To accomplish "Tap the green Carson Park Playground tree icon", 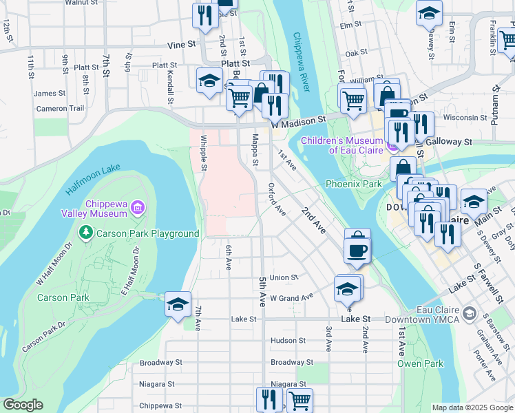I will tap(85, 233).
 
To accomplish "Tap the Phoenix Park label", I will tap(353, 184).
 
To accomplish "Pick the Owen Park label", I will tap(419, 363).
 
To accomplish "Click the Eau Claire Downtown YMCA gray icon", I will tap(470, 315).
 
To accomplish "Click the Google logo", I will tap(23, 405).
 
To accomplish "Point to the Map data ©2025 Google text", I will tap(472, 407).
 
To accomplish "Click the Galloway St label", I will tap(448, 142).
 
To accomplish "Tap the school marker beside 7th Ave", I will tap(178, 304).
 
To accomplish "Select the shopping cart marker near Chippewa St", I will tap(299, 399).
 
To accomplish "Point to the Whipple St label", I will tap(204, 153).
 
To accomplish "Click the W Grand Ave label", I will tap(291, 298).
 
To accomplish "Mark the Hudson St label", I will tap(288, 341).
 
